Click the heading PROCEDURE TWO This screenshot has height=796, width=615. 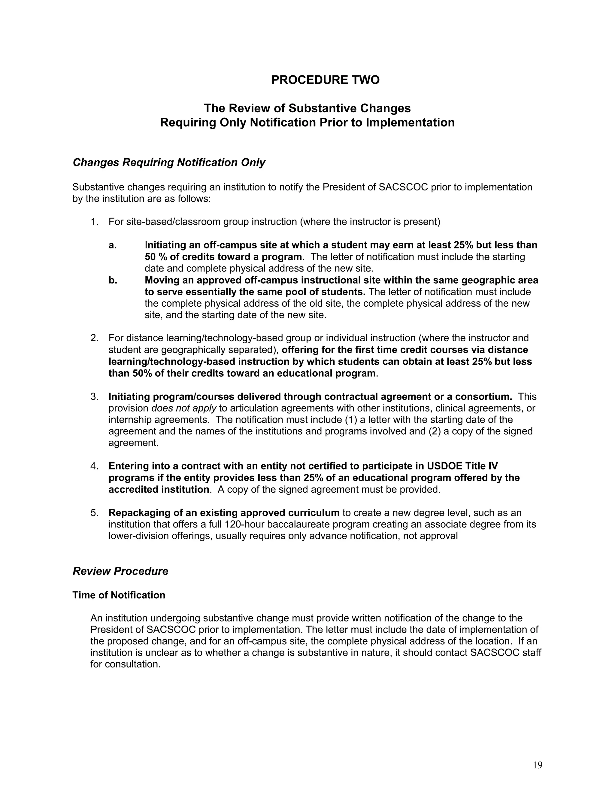click(325, 80)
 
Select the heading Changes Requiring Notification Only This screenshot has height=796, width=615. click(169, 162)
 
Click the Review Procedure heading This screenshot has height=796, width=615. click(120, 571)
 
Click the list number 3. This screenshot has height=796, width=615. click(94, 396)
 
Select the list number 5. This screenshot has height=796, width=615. click(94, 512)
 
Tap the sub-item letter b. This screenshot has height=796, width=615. click(112, 280)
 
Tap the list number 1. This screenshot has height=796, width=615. click(94, 222)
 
